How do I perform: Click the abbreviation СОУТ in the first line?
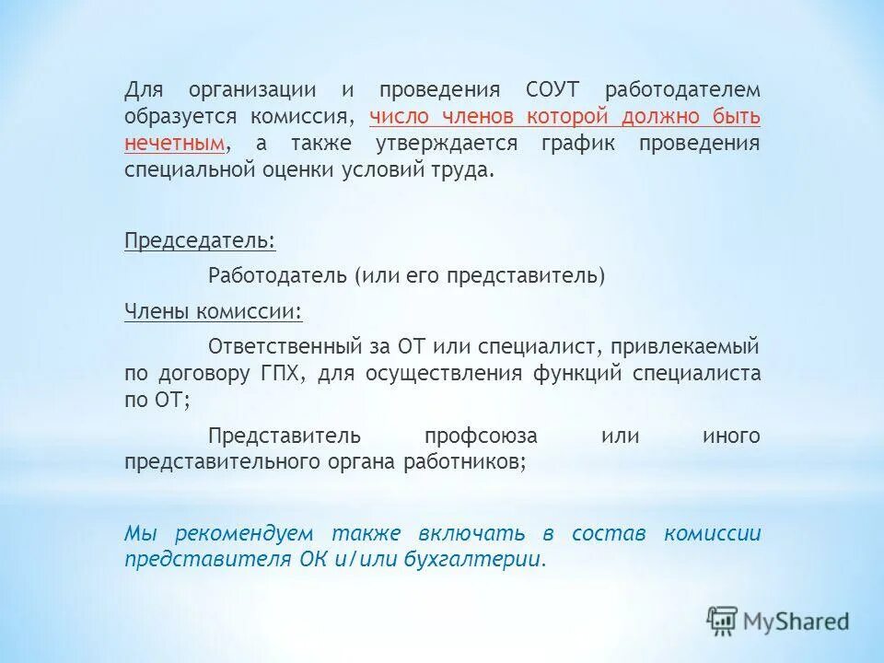coord(554,90)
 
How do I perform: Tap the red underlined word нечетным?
coord(175,145)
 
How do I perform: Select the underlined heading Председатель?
coord(200,241)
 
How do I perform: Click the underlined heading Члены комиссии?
coord(214,311)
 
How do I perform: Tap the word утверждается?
coord(447,145)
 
